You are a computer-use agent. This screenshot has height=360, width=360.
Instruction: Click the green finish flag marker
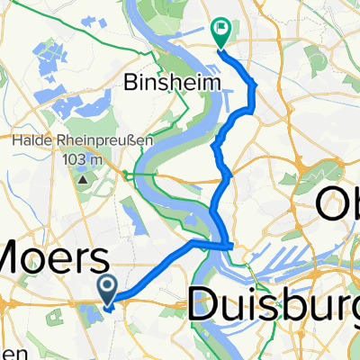pos(220,32)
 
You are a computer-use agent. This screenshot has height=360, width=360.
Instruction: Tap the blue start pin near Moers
pos(107,290)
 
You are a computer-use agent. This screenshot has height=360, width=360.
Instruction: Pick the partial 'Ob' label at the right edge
pos(337,209)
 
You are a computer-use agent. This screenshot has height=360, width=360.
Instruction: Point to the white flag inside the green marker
pos(220,30)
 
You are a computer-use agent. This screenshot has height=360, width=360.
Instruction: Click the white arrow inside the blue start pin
pos(107,287)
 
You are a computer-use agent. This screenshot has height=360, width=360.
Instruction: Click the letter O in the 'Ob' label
pos(329,209)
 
